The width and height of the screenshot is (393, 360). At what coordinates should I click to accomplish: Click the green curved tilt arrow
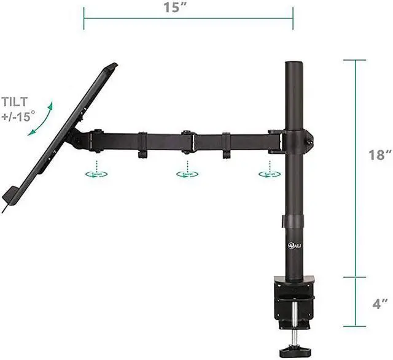click(x=41, y=123)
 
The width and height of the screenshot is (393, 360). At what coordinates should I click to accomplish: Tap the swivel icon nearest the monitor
click(x=96, y=174)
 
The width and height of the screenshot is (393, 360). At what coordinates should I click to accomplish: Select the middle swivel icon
click(x=187, y=174)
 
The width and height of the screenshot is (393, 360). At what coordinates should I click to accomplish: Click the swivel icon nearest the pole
click(x=268, y=174)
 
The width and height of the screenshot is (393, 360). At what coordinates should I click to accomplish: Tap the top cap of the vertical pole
click(x=293, y=63)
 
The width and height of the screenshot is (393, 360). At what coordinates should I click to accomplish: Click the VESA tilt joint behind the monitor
click(x=80, y=140)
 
